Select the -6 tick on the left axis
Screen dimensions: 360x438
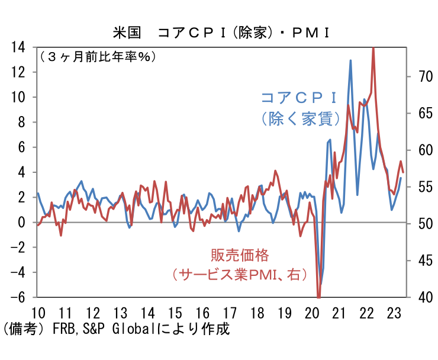pos(20,297)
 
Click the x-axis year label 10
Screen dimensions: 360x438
pos(37,313)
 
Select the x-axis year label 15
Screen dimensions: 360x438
pos(175,313)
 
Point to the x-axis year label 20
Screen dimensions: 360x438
pos(312,313)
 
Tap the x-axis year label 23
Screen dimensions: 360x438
pos(394,313)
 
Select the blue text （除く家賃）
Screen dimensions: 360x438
pos(299,118)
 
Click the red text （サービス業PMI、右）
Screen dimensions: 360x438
pos(236,275)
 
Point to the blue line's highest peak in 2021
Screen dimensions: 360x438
pos(350,60)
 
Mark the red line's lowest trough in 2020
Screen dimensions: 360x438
pos(319,296)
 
